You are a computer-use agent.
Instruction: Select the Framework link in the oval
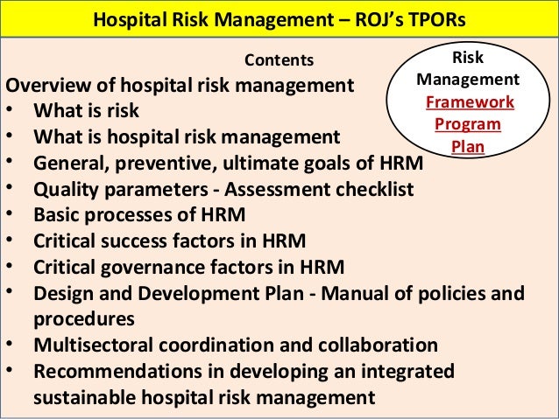tap(469, 101)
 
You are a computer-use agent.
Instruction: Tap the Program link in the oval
tap(468, 123)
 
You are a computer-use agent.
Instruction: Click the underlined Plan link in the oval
tap(468, 145)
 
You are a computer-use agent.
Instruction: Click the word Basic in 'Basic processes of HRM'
tap(56, 214)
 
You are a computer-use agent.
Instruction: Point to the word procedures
tap(83, 318)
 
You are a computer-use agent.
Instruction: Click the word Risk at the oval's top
tap(468, 58)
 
